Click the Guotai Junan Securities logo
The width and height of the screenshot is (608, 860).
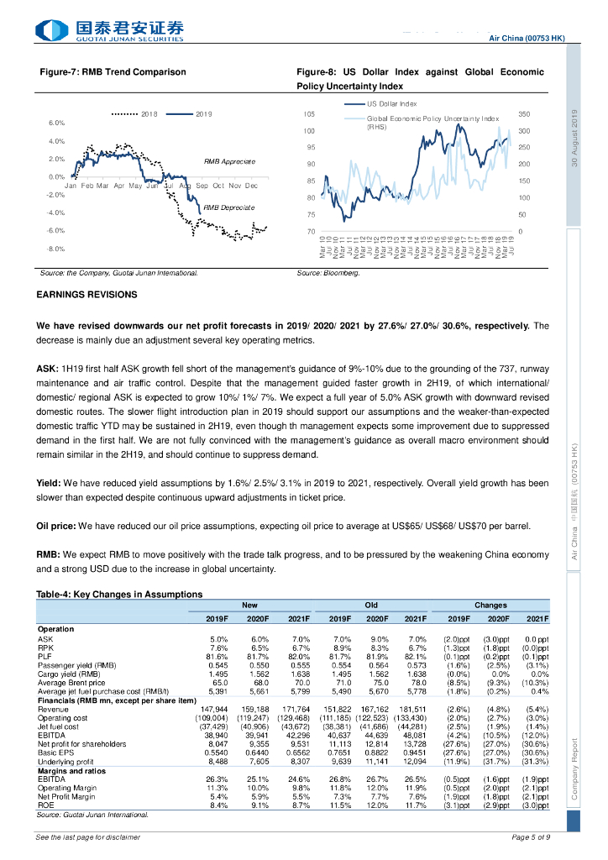click(x=109, y=31)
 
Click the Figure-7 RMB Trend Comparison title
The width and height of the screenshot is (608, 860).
click(x=113, y=72)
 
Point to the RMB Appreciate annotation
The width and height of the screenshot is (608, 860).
click(x=229, y=160)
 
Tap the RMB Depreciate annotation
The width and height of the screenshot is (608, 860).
click(x=228, y=207)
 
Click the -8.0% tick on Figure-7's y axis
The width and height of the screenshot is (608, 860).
click(x=55, y=249)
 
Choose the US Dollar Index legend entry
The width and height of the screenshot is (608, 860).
click(x=391, y=103)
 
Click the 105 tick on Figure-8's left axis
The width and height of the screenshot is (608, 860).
click(x=309, y=113)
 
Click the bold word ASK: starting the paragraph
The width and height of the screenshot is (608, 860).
click(x=47, y=369)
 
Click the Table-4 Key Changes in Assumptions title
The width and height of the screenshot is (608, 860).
click(x=118, y=595)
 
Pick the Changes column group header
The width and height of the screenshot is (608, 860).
click(x=490, y=605)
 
